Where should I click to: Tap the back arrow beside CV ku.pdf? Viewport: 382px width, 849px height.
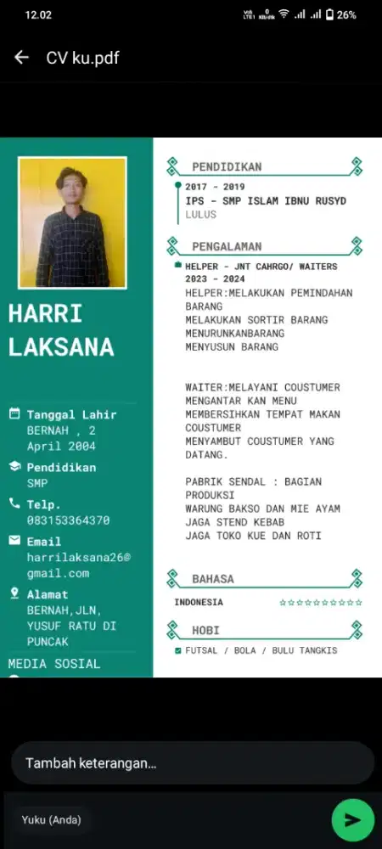[21, 57]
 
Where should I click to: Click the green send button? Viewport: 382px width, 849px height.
[352, 819]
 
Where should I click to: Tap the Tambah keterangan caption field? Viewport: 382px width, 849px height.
[192, 762]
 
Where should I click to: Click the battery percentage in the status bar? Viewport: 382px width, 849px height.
[346, 14]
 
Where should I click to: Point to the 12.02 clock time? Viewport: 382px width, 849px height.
[39, 14]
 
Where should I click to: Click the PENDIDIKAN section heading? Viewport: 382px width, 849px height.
[227, 166]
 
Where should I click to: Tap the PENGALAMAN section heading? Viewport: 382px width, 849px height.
[227, 246]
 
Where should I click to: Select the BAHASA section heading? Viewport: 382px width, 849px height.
[213, 579]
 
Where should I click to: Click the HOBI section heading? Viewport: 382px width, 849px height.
[206, 631]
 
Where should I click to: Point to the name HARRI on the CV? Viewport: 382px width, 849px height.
[45, 314]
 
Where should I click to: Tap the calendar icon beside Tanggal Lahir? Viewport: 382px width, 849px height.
[14, 414]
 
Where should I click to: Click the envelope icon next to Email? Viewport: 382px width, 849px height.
[14, 541]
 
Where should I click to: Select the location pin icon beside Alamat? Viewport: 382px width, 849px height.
[14, 593]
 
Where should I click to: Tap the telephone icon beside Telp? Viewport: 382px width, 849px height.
[14, 503]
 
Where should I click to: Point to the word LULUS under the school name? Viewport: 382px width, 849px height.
[201, 215]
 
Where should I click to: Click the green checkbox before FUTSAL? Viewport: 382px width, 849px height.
[177, 650]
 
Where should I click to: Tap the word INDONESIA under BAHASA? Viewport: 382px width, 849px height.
[199, 602]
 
